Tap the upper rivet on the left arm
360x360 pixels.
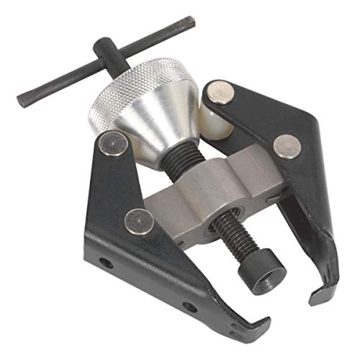coord(112,145)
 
